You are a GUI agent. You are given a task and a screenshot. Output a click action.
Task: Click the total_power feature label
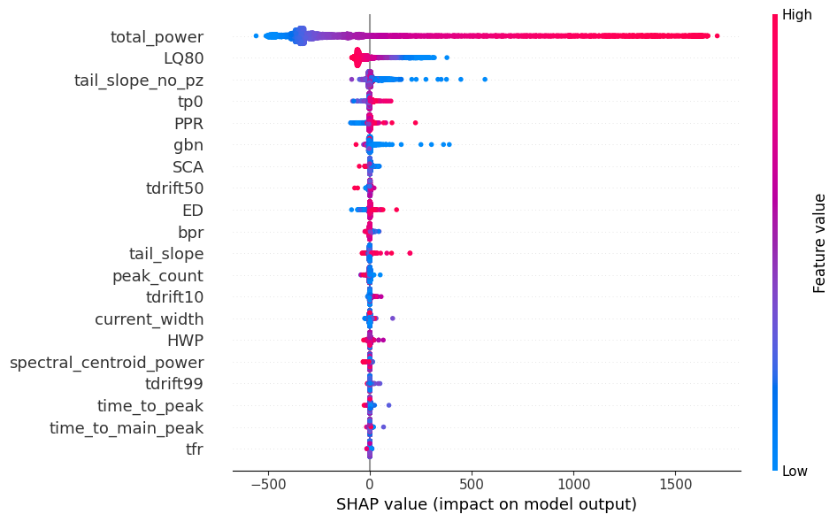tap(157, 37)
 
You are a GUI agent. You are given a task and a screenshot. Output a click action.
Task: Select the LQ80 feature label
tap(183, 58)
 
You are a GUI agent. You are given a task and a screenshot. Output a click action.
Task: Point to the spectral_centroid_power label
tap(106, 362)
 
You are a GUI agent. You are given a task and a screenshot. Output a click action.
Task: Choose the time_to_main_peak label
tap(126, 427)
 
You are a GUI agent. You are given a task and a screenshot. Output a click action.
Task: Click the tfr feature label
tap(194, 449)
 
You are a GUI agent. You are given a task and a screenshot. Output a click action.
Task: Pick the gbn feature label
tap(188, 145)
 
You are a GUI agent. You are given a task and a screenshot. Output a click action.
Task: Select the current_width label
tap(149, 319)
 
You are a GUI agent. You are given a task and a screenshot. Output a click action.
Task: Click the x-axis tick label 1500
tap(676, 485)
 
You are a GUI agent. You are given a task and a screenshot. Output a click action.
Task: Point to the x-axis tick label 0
tap(370, 485)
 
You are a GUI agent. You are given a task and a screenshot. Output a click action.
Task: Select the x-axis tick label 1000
tap(573, 485)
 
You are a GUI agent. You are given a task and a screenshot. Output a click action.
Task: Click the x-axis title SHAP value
tap(486, 504)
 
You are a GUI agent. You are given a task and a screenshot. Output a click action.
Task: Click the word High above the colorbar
tap(797, 15)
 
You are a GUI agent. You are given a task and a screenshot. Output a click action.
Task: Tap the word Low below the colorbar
tap(795, 472)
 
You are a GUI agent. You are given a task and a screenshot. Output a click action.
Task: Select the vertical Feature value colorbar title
tap(819, 243)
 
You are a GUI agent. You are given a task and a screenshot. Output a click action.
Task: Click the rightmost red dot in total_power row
tap(717, 35)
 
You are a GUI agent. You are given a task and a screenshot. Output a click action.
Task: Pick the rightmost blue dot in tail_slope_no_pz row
tap(485, 79)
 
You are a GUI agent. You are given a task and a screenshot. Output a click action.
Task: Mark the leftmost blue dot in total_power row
tap(256, 35)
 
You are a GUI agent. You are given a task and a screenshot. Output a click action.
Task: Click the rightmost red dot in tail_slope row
tap(410, 253)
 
